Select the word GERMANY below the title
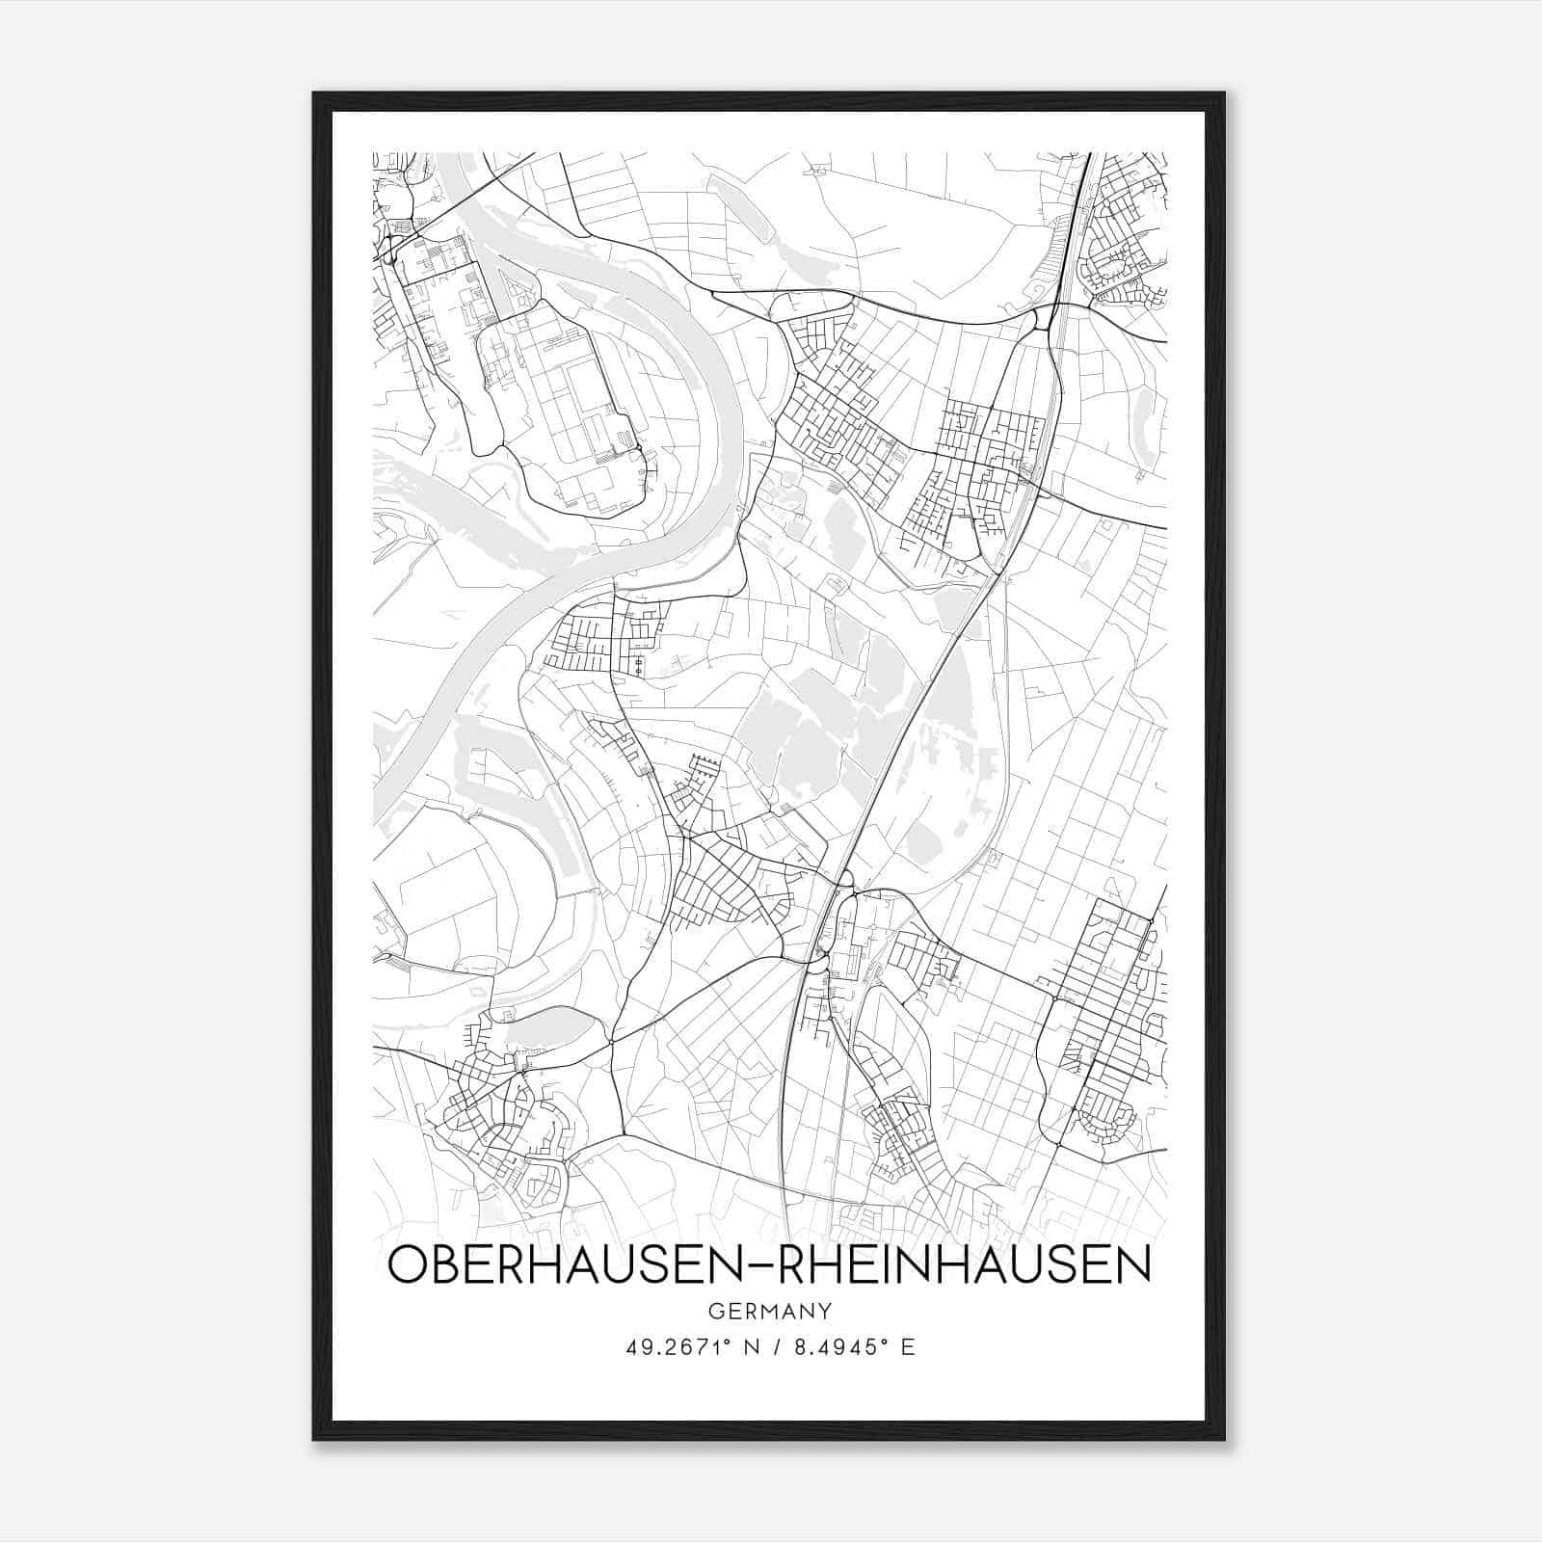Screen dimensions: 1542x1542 pyautogui.click(x=769, y=1312)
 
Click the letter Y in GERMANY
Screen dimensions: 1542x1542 pyautogui.click(x=824, y=1312)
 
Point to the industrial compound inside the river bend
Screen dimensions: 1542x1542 pyautogui.click(x=559, y=405)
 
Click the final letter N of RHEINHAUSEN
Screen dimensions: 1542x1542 pyautogui.click(x=1135, y=1265)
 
